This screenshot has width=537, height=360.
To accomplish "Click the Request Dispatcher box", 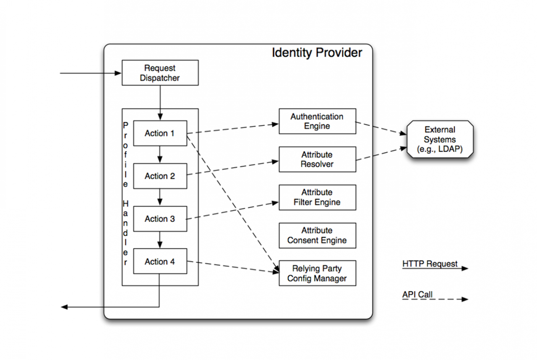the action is click(160, 73).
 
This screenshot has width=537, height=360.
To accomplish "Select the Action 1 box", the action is click(160, 133).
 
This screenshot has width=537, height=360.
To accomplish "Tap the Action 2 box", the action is click(160, 176).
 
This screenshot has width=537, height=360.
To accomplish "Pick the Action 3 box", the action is click(160, 219).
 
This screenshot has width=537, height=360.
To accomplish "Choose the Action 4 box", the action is click(160, 261).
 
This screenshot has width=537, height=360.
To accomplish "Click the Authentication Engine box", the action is click(318, 121).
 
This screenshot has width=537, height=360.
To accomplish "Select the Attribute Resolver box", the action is click(318, 159).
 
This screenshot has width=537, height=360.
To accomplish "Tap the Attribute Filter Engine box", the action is click(318, 198).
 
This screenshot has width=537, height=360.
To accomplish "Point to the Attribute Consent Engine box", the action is click(318, 236).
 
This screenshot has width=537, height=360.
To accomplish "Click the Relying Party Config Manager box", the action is click(318, 273).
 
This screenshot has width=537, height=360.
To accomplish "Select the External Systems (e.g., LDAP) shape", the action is click(440, 139).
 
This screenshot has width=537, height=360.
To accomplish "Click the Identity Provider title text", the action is click(317, 53).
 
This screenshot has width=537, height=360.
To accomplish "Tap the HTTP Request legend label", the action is click(430, 263).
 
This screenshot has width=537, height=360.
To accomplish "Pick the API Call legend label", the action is click(417, 294).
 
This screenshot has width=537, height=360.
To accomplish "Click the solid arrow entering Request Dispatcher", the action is click(91, 73).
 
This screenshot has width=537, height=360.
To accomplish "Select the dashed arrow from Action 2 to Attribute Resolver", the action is click(233, 168).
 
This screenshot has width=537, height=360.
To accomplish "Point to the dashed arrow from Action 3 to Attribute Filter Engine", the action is click(232, 211).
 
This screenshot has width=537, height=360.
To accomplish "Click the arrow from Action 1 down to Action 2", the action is click(160, 154).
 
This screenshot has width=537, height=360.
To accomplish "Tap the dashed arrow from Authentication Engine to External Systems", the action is click(381, 128).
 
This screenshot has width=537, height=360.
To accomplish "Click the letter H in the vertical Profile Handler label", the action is click(125, 204).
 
